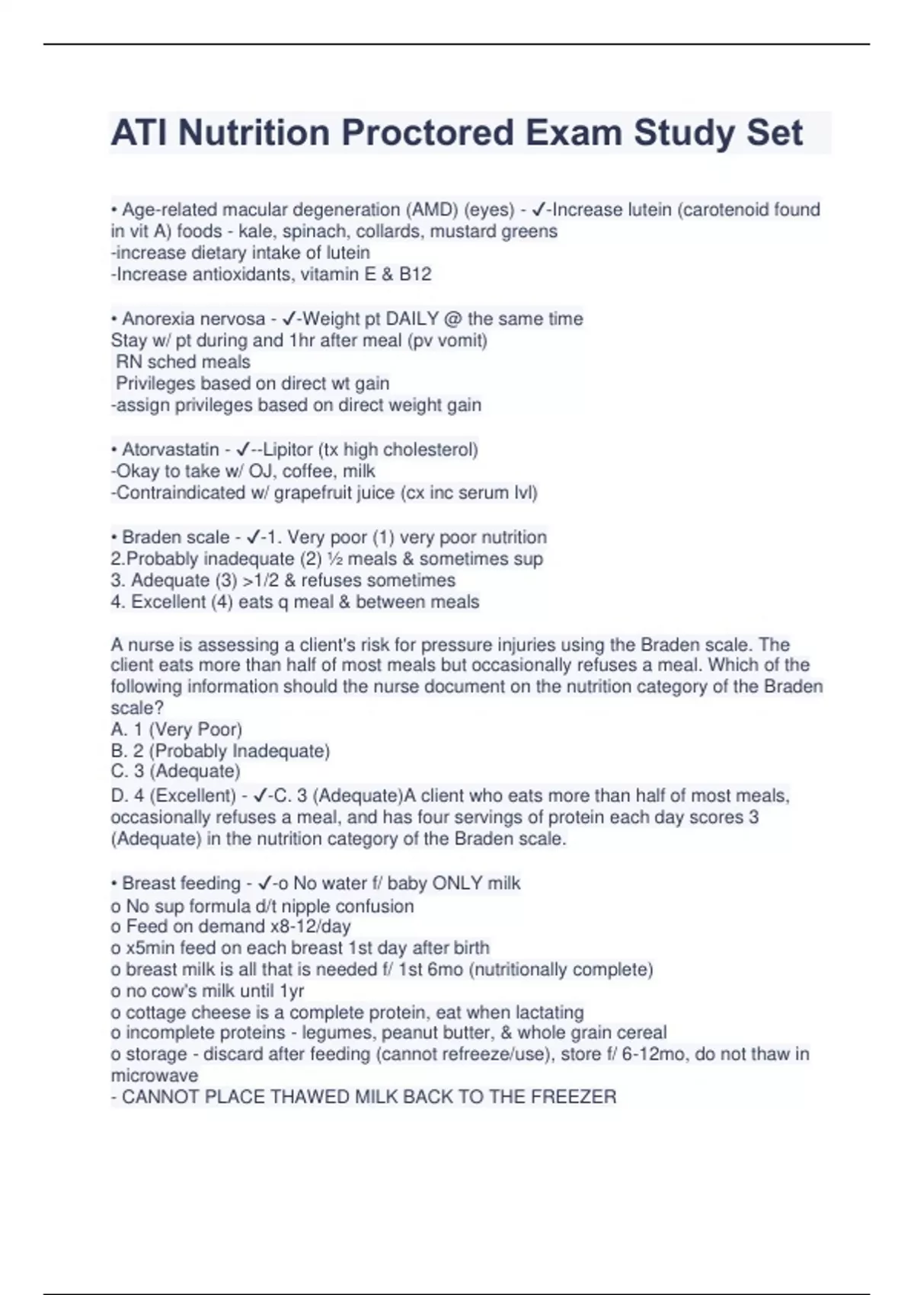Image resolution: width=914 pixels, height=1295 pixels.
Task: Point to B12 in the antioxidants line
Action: click(415, 274)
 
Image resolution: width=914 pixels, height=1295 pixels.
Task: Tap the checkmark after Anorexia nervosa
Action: click(288, 318)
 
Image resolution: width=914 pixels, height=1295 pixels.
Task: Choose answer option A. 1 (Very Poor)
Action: click(176, 729)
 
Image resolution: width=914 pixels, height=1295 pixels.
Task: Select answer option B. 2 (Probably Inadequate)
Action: click(220, 751)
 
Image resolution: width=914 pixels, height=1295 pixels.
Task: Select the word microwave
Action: click(154, 1076)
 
